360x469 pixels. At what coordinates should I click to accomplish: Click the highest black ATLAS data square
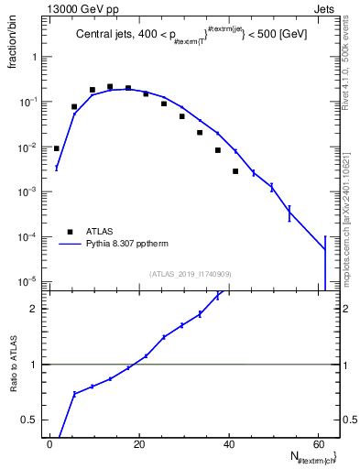click(x=110, y=87)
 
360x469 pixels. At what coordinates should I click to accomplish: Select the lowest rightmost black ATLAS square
click(x=235, y=171)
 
